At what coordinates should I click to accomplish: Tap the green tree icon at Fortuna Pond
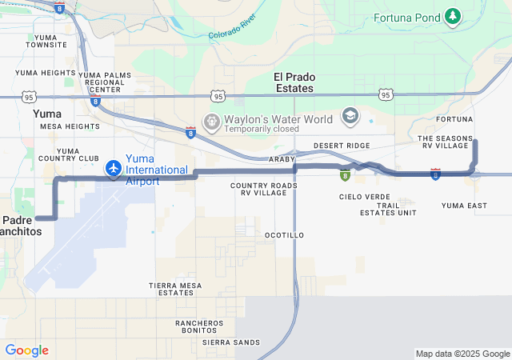(454, 16)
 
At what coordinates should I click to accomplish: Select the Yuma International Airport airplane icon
(113, 169)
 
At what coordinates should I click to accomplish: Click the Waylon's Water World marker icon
(212, 122)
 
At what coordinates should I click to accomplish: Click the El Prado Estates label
(294, 82)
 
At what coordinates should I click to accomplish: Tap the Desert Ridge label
(342, 146)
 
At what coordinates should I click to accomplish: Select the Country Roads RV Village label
(264, 190)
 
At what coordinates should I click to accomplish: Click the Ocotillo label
(284, 235)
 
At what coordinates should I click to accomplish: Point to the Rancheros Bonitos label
(199, 326)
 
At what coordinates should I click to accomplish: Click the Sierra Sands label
(231, 342)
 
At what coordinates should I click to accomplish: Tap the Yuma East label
(464, 206)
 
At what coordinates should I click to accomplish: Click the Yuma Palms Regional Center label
(105, 82)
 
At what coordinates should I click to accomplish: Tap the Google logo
(26, 350)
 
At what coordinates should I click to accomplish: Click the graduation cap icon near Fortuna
(350, 117)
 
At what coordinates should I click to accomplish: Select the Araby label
(282, 160)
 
